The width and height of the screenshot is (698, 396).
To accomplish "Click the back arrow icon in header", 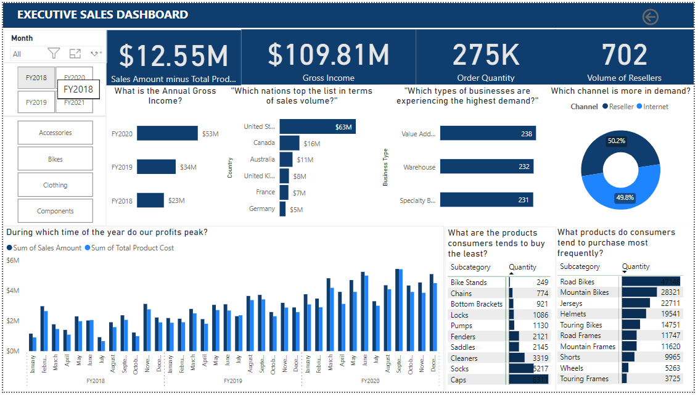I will [x=651, y=17].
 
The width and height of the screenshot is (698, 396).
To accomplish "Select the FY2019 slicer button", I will [x=36, y=102].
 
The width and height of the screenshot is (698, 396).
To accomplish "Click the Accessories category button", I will [x=55, y=133].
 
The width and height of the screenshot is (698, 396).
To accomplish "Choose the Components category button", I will [x=55, y=211].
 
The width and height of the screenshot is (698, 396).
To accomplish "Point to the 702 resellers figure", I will [x=624, y=55].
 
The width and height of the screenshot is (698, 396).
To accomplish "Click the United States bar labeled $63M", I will [x=317, y=127].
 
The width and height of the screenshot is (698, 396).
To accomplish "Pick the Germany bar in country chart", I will [x=282, y=209].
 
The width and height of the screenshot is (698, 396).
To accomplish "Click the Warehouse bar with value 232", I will [x=486, y=167].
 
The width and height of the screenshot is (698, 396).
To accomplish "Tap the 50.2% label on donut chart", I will [x=616, y=141].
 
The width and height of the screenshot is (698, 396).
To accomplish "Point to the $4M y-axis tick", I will [x=13, y=291].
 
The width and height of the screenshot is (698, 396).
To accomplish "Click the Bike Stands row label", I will [x=469, y=283].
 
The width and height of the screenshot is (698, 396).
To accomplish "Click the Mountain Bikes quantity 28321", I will [x=668, y=292].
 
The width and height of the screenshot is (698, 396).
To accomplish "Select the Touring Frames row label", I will [x=584, y=379].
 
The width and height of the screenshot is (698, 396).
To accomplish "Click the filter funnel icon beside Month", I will [x=54, y=54].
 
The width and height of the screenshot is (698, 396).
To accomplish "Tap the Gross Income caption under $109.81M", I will [x=328, y=78].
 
